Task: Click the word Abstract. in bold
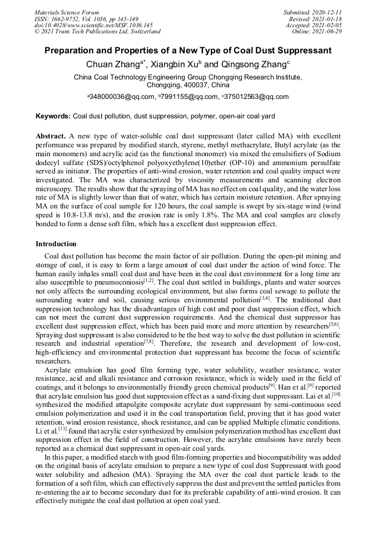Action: (51, 136)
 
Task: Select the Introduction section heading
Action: (56, 244)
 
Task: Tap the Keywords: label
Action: (53, 117)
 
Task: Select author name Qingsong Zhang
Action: (254, 65)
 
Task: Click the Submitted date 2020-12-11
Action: (328, 12)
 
